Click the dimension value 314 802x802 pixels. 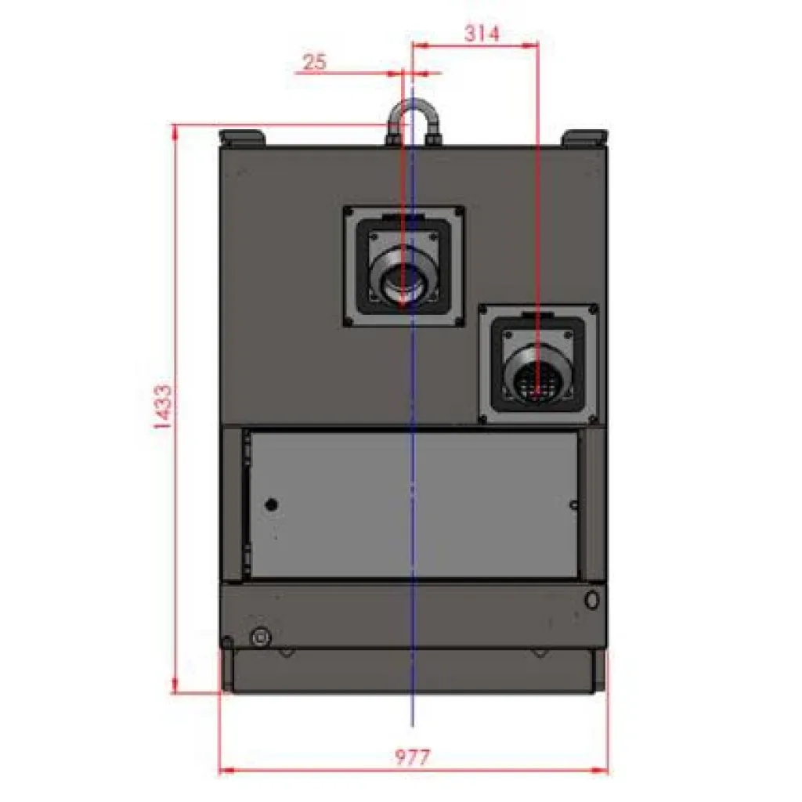tap(482, 34)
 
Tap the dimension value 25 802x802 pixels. tap(314, 62)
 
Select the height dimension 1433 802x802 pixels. tap(163, 406)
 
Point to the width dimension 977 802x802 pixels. tap(412, 757)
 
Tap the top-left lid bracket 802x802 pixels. tap(241, 138)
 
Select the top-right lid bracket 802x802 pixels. tap(584, 138)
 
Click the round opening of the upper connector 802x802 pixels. tap(403, 281)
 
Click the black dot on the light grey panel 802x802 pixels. tap(272, 505)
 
